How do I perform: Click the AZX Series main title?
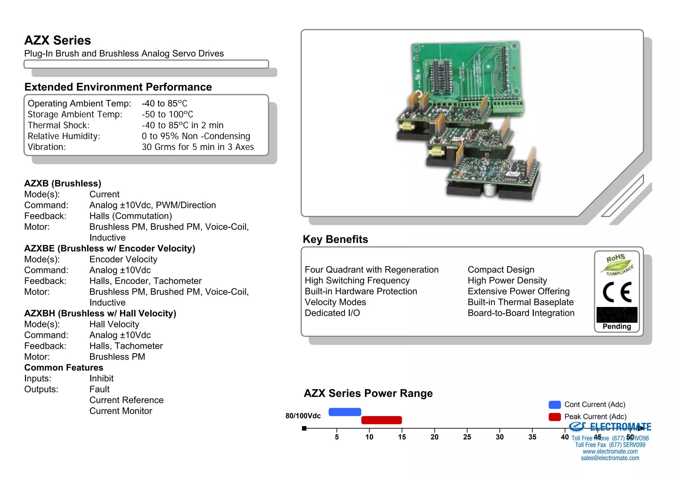58,40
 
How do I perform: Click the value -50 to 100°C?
167,114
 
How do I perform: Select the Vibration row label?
47,147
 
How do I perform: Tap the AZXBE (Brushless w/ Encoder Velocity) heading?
110,248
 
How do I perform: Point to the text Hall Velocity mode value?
114,324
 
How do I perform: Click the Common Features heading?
64,367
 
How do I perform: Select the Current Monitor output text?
120,411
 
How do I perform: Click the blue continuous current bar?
345,412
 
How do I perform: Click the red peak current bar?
381,420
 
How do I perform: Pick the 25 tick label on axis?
467,437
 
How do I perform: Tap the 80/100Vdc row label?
303,416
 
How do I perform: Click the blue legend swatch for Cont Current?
555,405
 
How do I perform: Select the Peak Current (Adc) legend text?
595,417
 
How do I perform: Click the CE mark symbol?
617,292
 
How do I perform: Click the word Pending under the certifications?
617,326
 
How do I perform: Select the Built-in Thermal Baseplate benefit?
520,302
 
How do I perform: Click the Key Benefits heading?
335,239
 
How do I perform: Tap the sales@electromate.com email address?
610,458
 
